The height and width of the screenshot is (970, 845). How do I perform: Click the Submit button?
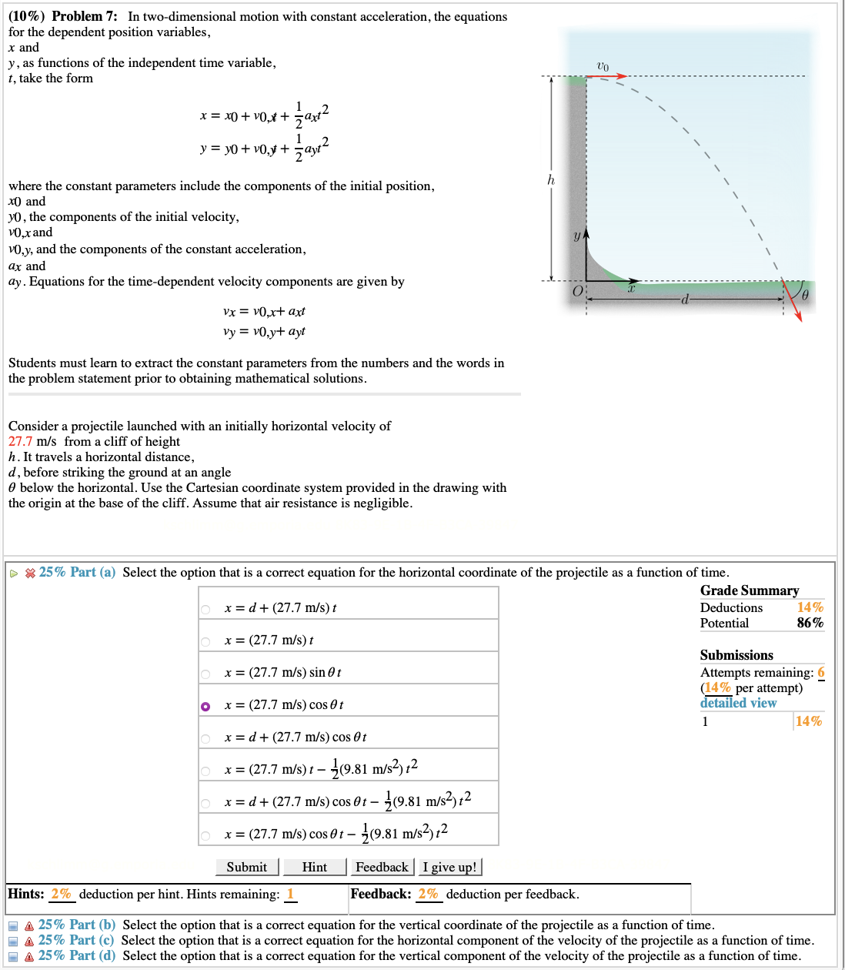247,867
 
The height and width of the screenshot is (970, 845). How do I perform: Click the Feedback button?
382,867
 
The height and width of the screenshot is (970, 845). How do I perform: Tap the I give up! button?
449,867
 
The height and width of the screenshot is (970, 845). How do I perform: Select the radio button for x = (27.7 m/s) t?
205,641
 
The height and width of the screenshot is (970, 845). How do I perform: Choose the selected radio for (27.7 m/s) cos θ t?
205,706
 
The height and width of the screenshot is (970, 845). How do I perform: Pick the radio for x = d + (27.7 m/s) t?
205,609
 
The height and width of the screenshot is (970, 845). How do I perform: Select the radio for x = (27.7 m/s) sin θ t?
205,674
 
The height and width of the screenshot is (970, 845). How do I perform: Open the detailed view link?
738,703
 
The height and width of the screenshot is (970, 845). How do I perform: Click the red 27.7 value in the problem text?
21,441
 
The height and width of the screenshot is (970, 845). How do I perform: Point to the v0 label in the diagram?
603,66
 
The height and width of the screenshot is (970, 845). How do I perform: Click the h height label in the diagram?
550,179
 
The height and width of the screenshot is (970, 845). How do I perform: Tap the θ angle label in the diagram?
805,295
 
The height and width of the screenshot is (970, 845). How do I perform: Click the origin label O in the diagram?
578,292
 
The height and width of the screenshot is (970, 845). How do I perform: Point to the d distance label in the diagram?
684,299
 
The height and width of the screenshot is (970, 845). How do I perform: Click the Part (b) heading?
77,925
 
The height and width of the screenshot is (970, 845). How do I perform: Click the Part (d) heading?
77,955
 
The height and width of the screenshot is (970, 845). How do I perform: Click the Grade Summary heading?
749,590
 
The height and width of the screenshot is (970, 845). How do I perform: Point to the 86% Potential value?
810,623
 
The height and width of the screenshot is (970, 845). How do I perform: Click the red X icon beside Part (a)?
30,573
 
